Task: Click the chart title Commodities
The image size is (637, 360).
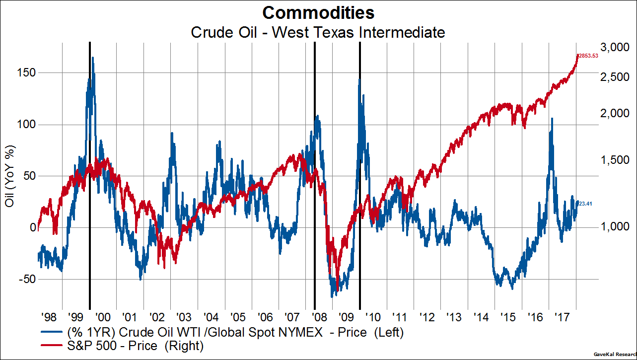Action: pos(318,12)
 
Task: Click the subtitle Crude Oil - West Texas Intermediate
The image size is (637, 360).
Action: pos(318,33)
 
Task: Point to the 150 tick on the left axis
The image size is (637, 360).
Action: pos(27,72)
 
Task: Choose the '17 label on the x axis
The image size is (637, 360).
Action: pos(563,317)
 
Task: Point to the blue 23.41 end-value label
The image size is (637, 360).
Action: pos(585,203)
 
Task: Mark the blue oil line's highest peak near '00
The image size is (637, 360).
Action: pos(93,58)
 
